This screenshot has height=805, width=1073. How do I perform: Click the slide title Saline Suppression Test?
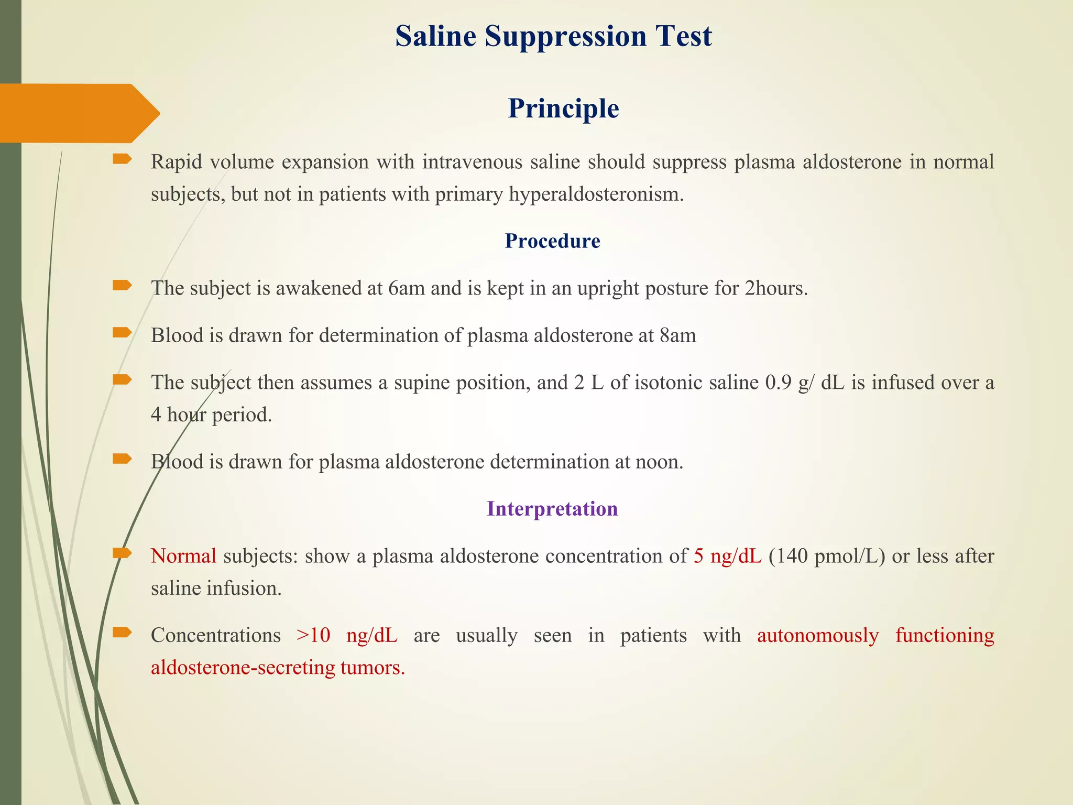pos(553,37)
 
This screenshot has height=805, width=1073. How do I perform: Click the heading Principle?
pos(563,108)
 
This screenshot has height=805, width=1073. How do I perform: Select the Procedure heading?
pos(552,241)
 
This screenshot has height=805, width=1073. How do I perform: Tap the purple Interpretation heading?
pos(552,509)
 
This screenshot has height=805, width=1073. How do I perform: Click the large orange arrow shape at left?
pos(79,113)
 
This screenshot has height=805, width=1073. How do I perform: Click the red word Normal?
pos(183,556)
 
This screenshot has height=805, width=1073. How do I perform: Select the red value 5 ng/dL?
pos(727,556)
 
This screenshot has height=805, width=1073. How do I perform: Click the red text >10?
pos(313,635)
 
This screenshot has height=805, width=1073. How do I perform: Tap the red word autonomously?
pos(818,635)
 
